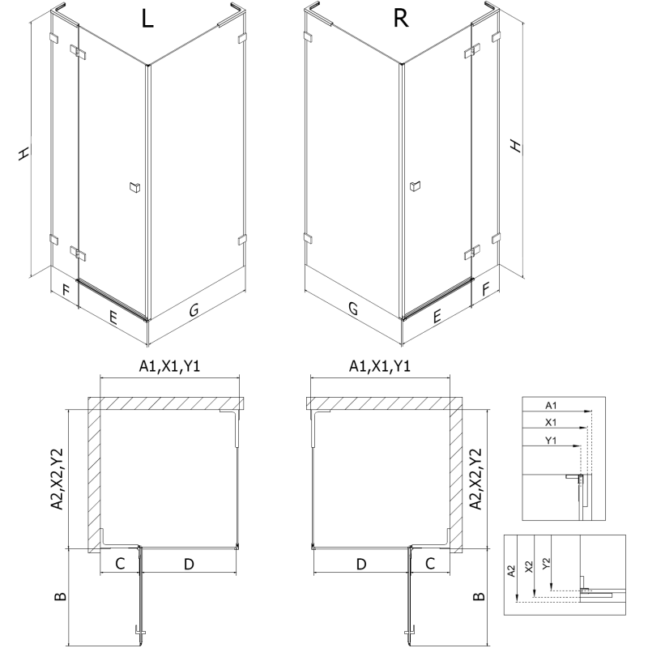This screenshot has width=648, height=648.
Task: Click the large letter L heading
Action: coord(147,21)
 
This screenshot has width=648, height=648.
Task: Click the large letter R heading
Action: coord(401,21)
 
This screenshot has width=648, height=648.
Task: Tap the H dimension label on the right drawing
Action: coord(515,146)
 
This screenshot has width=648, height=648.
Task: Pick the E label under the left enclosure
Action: coord(113,318)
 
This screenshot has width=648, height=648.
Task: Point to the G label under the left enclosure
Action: coord(194,309)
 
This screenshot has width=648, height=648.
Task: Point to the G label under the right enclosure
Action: coord(353,309)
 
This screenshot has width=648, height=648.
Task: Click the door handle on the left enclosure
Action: coord(133,188)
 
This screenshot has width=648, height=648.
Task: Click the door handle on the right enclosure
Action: coord(416,188)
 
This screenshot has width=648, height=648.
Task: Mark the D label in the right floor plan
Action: coord(360,563)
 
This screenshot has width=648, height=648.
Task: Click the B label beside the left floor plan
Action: coord(59,597)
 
